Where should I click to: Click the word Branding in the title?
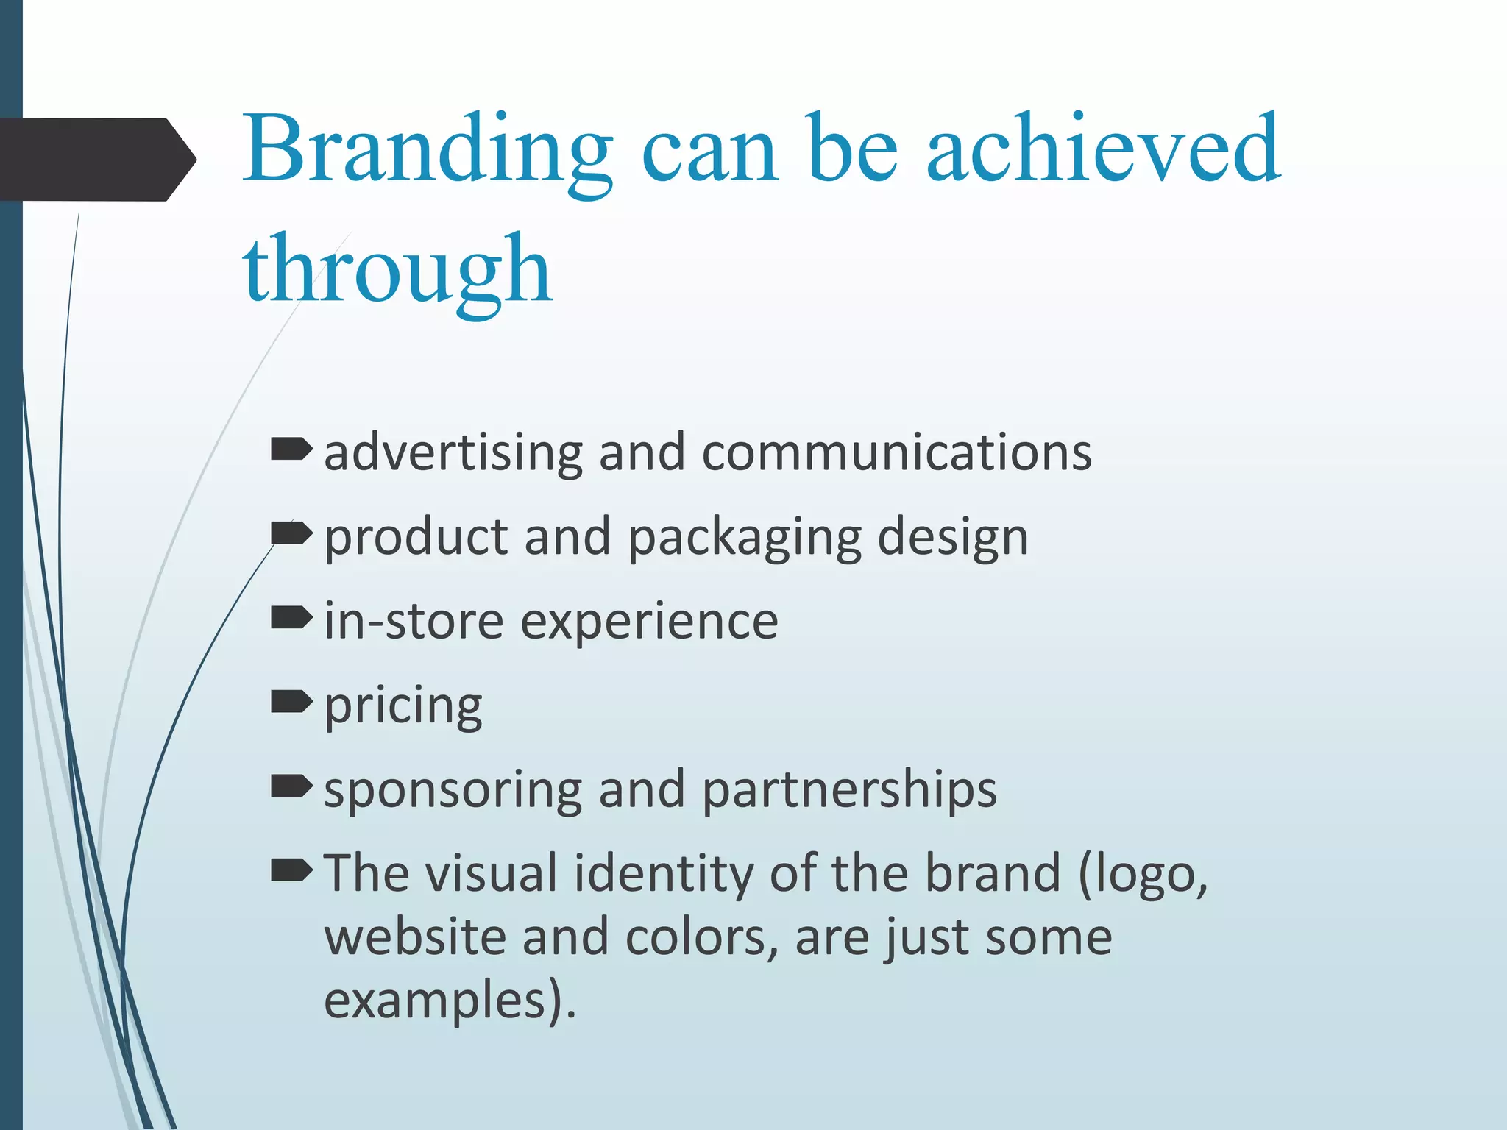pyautogui.click(x=427, y=150)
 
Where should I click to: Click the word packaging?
pyautogui.click(x=745, y=539)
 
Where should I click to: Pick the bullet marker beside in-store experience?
pyautogui.click(x=291, y=618)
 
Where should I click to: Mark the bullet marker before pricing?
pyautogui.click(x=291, y=702)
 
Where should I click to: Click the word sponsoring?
pyautogui.click(x=453, y=790)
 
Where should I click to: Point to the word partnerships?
pyautogui.click(x=849, y=790)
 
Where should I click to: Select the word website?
pyautogui.click(x=415, y=937)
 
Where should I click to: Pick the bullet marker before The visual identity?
pyautogui.click(x=291, y=870)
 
